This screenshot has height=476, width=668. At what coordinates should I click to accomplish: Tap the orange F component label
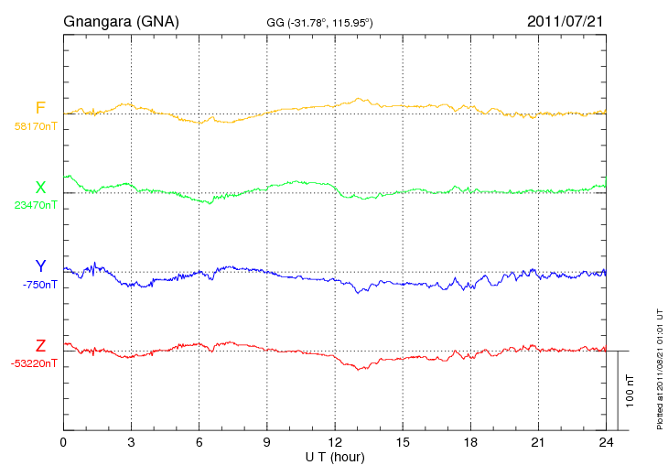(x=40, y=109)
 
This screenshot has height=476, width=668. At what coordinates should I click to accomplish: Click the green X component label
(x=40, y=188)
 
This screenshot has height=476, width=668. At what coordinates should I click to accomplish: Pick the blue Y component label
(x=40, y=266)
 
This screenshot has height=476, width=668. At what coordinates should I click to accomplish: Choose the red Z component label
(x=40, y=346)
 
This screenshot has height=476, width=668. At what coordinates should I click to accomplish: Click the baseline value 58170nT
(x=36, y=126)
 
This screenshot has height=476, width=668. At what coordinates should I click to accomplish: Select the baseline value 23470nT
(x=36, y=205)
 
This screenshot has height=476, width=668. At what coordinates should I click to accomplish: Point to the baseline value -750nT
(x=41, y=285)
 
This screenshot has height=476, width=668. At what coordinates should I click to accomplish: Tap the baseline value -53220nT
(x=36, y=363)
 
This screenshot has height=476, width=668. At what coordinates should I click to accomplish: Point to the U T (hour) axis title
(x=335, y=456)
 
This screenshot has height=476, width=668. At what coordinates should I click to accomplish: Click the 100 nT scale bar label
(x=630, y=391)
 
